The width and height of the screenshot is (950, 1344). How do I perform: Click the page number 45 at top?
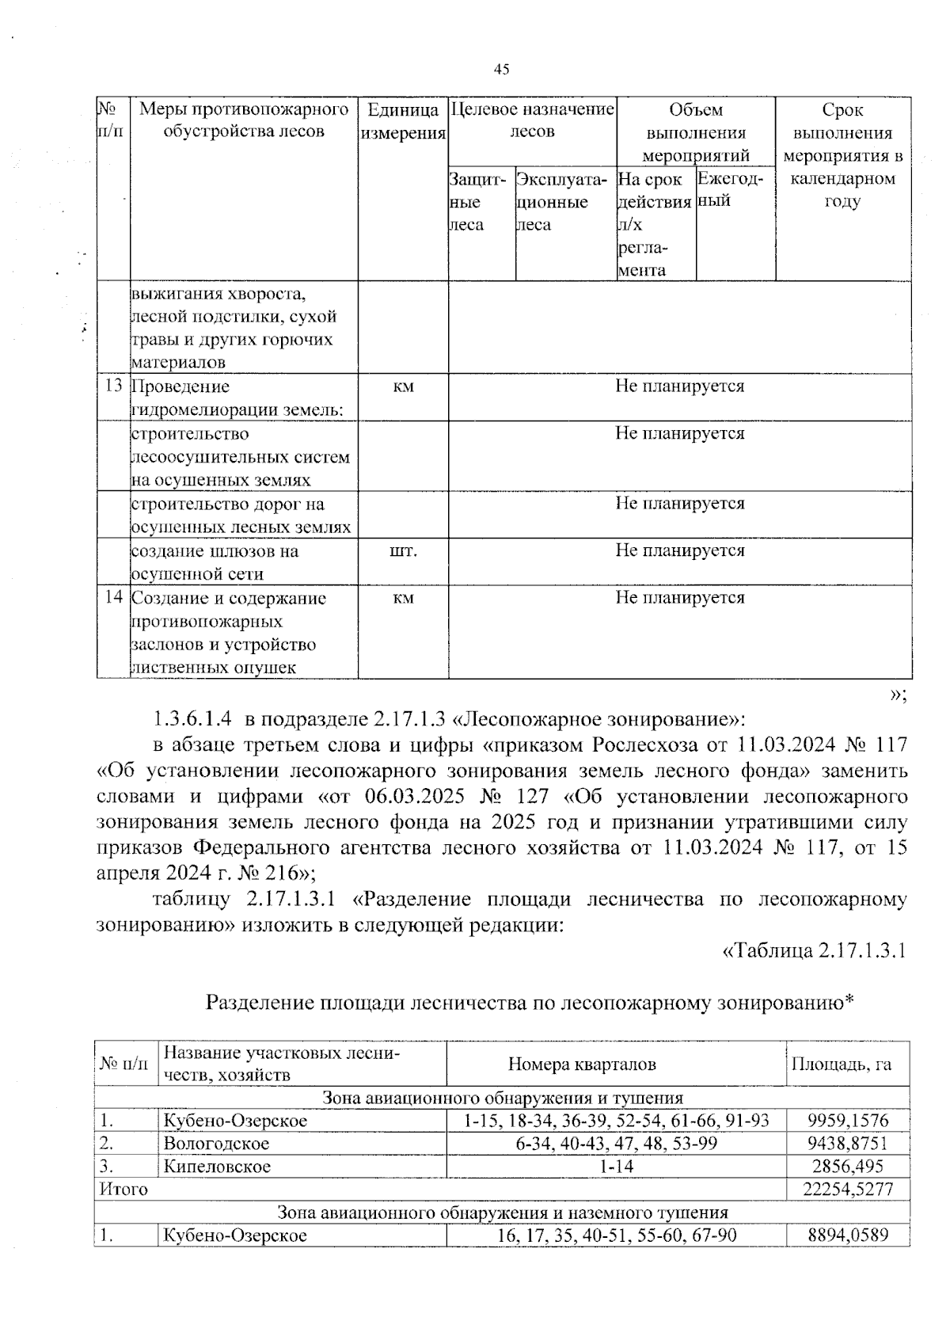click(x=501, y=69)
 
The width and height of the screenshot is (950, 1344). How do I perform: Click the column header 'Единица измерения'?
click(x=403, y=121)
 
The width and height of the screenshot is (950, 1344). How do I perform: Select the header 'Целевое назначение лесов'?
click(x=532, y=120)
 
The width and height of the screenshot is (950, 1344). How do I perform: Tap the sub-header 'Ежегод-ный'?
click(x=730, y=190)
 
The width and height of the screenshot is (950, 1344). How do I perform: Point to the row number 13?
click(x=113, y=386)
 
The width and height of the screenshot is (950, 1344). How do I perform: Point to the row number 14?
click(x=113, y=598)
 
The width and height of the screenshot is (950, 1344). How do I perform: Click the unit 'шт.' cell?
click(x=403, y=551)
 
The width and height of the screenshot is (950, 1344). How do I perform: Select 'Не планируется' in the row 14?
click(x=679, y=598)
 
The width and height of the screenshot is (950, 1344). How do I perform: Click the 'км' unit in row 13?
click(x=403, y=386)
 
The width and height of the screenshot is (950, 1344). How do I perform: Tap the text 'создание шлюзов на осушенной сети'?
click(x=215, y=562)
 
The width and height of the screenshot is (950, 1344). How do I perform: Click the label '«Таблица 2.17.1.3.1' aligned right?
click(x=813, y=950)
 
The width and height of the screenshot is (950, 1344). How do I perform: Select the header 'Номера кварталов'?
click(x=582, y=1064)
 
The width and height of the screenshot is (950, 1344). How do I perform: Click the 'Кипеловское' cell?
click(x=217, y=1167)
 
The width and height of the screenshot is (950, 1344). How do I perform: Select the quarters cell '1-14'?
click(x=616, y=1167)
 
